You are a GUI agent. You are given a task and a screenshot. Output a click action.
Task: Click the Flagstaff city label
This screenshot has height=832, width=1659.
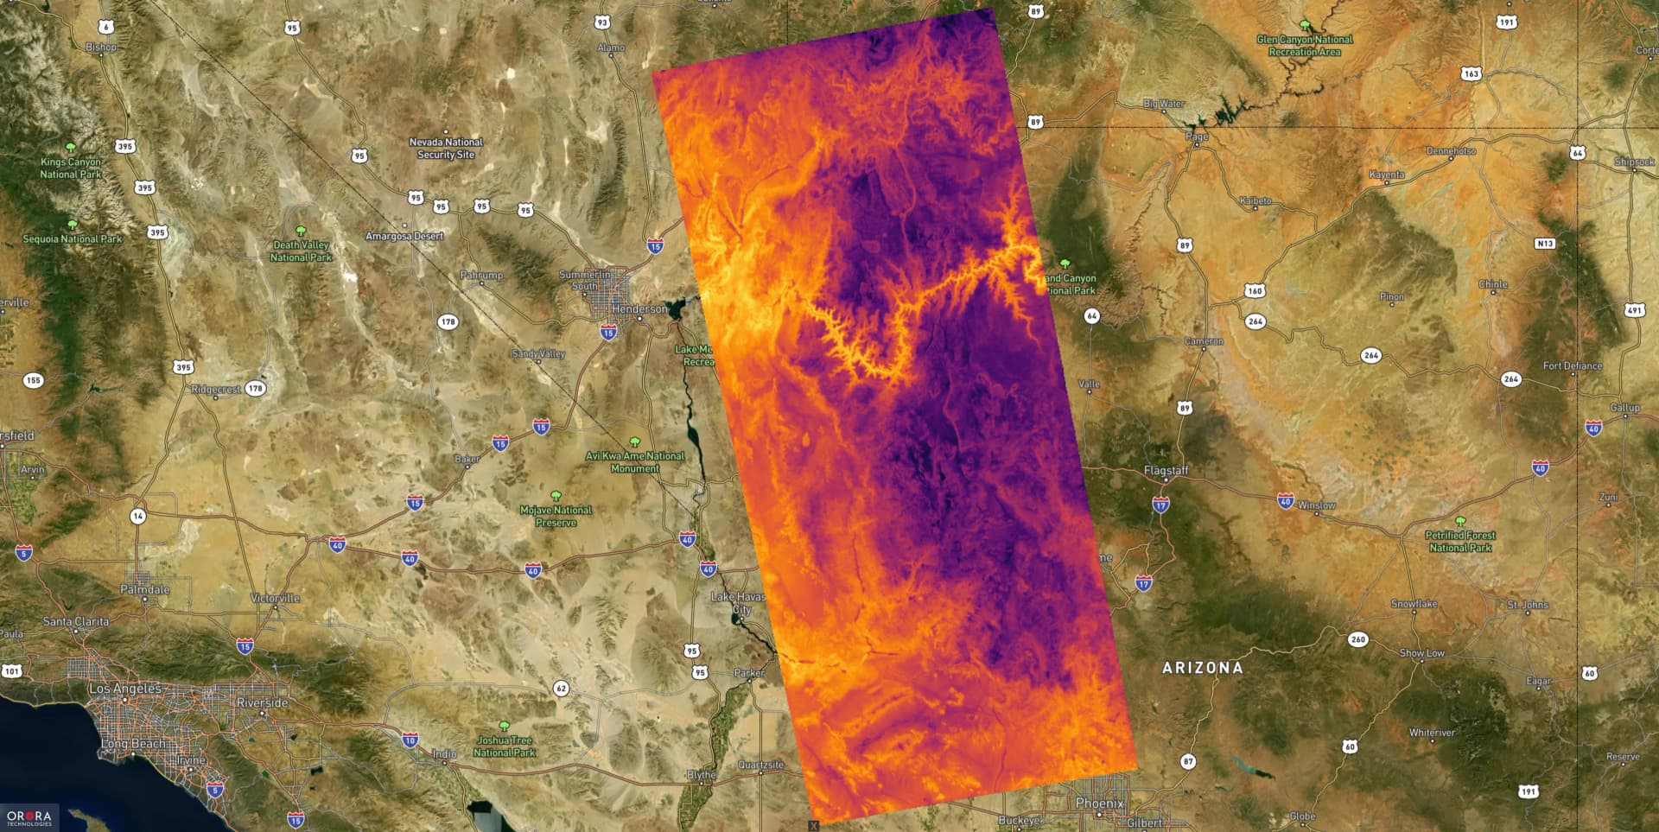(x=1166, y=470)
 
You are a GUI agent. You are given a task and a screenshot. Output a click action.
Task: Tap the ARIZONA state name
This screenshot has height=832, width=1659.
(x=1202, y=668)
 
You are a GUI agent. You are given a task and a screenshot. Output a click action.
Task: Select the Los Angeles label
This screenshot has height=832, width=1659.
(x=124, y=689)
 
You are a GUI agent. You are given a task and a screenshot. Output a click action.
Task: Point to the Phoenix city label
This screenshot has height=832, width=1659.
(x=1099, y=803)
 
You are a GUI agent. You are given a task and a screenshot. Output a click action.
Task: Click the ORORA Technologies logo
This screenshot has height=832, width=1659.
(x=29, y=817)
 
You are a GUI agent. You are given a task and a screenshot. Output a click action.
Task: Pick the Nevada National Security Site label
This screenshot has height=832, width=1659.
(x=446, y=148)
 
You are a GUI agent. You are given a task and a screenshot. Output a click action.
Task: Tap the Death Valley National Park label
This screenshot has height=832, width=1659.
(x=301, y=251)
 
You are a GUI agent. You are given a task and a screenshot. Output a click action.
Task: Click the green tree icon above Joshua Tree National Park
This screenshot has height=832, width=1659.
(x=505, y=726)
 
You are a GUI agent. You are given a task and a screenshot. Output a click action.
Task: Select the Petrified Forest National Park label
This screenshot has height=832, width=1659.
(x=1460, y=541)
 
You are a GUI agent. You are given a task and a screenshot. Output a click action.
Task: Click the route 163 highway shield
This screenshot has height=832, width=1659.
(x=1471, y=73)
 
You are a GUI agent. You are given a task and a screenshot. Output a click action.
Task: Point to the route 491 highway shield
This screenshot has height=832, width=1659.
(x=1634, y=310)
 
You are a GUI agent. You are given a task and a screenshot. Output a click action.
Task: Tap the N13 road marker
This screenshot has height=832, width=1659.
(x=1545, y=244)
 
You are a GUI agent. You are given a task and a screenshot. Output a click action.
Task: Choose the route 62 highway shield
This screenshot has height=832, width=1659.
(x=562, y=689)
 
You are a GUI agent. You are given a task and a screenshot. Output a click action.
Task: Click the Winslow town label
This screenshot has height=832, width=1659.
(x=1317, y=505)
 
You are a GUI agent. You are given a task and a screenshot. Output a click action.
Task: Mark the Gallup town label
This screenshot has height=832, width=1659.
(x=1624, y=407)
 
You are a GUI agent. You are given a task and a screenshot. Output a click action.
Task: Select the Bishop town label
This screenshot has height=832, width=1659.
(x=101, y=47)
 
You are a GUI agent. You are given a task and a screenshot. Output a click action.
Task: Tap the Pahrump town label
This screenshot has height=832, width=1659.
(x=481, y=275)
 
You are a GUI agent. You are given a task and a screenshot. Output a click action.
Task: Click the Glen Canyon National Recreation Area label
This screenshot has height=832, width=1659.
(x=1305, y=46)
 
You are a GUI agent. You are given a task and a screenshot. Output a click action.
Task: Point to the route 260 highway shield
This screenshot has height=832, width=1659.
(x=1358, y=639)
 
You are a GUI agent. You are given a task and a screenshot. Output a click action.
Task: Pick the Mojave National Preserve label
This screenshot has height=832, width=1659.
(x=556, y=516)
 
